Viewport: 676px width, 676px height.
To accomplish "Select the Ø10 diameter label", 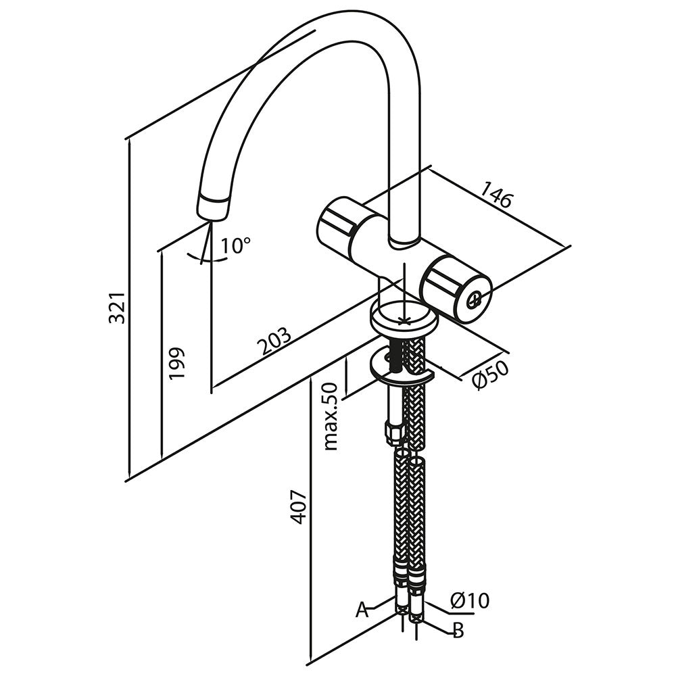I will click(x=469, y=600).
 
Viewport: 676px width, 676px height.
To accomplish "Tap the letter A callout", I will click(x=362, y=610).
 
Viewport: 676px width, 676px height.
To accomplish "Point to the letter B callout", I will click(x=458, y=631).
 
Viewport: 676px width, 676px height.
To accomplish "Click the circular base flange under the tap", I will click(x=404, y=318).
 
